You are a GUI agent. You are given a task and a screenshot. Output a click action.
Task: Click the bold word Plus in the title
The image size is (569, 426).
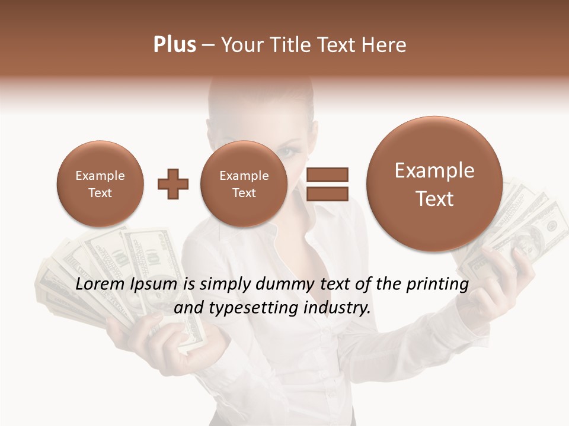point(174,45)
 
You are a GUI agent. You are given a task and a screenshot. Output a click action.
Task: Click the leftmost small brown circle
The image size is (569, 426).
point(100,184)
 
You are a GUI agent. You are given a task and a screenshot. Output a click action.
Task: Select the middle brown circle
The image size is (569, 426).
point(244,184)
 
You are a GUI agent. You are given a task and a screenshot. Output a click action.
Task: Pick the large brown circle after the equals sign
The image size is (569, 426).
point(434,184)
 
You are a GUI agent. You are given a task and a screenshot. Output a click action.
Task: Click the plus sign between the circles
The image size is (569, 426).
point(172,184)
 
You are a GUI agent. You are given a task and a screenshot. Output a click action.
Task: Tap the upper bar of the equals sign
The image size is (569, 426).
point(327,175)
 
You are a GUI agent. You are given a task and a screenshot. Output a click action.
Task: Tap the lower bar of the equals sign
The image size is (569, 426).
point(327,193)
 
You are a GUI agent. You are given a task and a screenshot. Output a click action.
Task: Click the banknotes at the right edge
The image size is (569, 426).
point(533,225)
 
